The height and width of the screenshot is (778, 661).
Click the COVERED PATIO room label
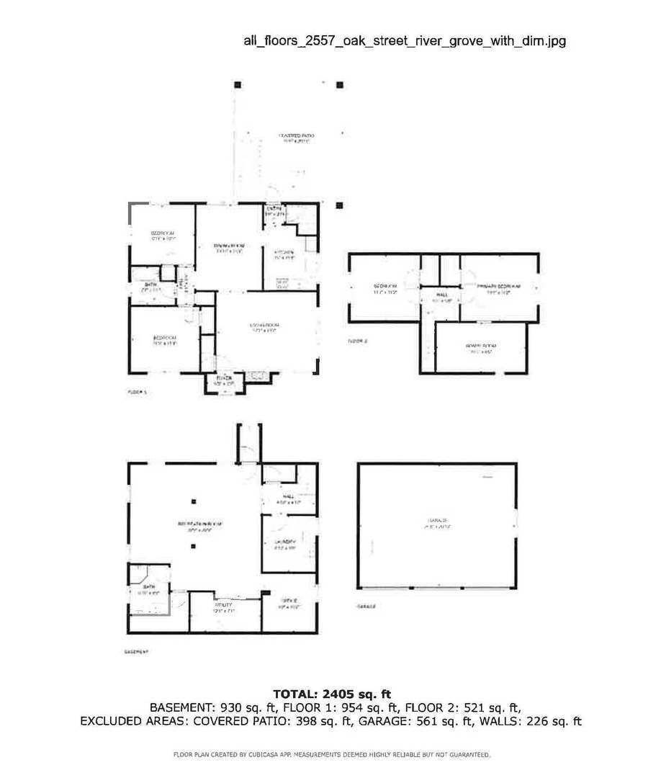point(297,135)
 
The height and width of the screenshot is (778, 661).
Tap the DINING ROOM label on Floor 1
point(228,246)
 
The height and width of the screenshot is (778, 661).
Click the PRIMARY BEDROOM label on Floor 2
point(498,286)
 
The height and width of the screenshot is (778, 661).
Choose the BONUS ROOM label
point(481,346)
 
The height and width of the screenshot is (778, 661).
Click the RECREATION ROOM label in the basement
point(198,524)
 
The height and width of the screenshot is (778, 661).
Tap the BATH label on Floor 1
point(150,285)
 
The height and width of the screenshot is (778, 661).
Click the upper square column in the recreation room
point(193,501)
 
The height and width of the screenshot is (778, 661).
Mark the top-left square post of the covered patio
point(238,84)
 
